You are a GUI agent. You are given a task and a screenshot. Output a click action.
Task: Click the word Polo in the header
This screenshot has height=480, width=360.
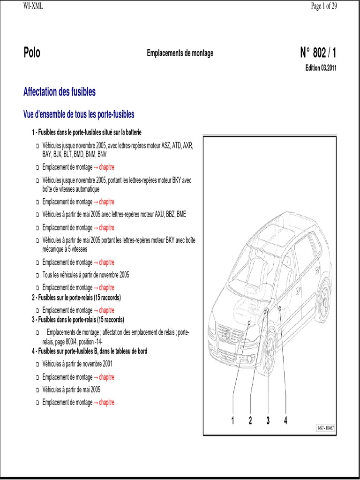coord(32,53)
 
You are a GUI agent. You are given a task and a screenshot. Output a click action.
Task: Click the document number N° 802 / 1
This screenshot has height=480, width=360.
coord(318,53)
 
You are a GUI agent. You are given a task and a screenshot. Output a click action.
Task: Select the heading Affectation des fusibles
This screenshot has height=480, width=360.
coord(60,92)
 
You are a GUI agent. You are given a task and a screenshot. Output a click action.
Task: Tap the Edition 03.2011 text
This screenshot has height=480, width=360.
coord(321,68)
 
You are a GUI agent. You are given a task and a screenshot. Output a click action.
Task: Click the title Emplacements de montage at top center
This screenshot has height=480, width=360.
coord(180,53)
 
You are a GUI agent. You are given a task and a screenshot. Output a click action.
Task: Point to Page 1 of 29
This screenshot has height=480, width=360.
coord(324,6)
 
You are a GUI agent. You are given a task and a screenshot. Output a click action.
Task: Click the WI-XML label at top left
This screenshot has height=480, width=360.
coord(33,6)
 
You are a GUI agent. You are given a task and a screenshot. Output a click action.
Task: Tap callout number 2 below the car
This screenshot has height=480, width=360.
coord(250,420)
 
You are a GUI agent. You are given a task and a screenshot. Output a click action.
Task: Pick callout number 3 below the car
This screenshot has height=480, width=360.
coord(268,420)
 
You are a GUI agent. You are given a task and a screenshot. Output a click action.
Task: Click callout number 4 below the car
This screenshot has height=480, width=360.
coord(285,420)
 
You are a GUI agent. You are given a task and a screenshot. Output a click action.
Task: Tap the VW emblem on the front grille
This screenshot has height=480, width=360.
coord(228,334)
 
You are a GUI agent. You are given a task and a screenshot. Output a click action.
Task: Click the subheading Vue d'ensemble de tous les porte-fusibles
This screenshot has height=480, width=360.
coord(79,114)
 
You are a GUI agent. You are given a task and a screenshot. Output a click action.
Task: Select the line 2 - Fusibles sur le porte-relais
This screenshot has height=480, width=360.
coord(76,298)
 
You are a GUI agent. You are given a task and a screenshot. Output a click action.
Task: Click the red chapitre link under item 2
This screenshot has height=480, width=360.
coord(106,310)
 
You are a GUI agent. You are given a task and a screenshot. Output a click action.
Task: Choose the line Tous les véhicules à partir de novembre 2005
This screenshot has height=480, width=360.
coord(86,275)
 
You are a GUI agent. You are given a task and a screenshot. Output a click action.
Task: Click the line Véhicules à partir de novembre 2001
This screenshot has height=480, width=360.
coord(77,364)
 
